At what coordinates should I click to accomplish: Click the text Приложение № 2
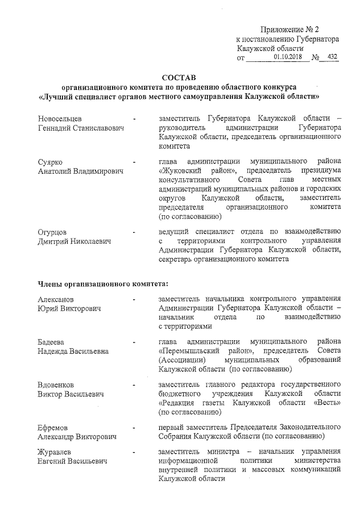tap(291, 30)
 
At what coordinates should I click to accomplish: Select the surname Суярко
tap(49, 161)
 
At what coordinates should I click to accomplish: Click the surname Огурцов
tap(52, 231)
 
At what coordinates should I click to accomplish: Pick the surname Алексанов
tap(55, 299)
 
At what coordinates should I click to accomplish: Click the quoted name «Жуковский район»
tap(198, 170)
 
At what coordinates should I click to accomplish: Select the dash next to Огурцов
tap(134, 232)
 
